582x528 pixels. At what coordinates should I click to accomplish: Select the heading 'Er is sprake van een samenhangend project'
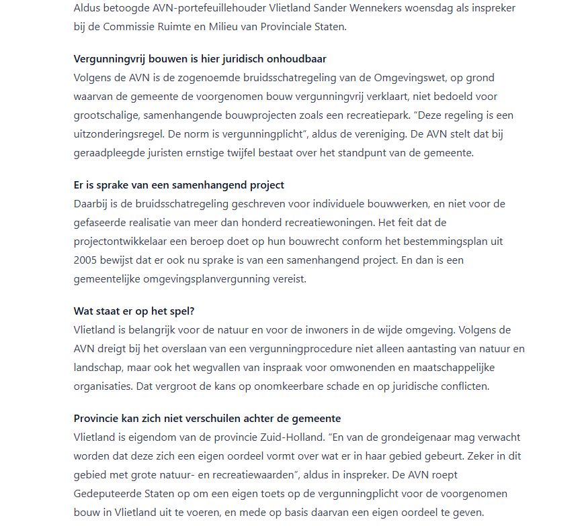[179, 186]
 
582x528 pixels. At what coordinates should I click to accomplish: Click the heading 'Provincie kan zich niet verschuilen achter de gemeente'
[207, 419]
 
